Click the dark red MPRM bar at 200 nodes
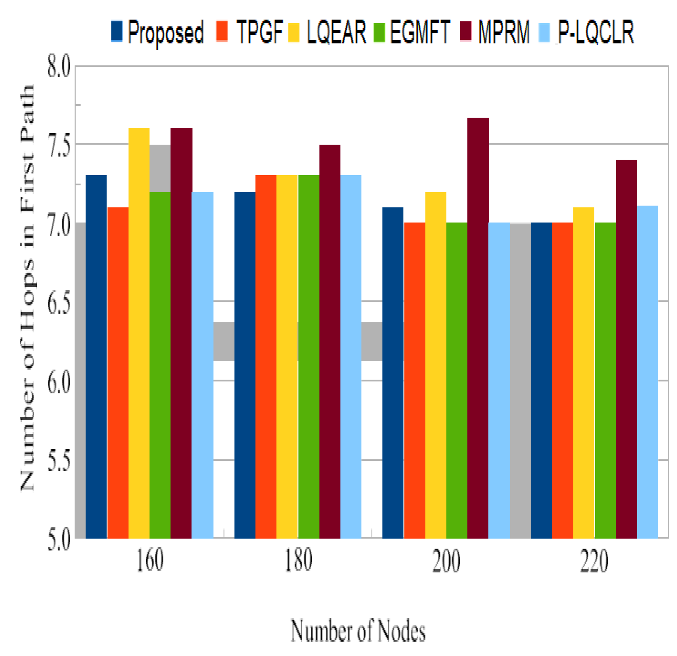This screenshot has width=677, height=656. tap(478, 328)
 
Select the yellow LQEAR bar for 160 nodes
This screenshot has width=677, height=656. tap(139, 333)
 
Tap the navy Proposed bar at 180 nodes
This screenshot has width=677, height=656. tap(245, 365)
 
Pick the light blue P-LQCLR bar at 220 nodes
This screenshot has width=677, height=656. tap(647, 372)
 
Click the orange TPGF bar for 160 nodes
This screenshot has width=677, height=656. tap(118, 373)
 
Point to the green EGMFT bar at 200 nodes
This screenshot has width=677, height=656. tap(457, 380)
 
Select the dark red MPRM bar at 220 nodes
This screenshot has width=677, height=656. tap(626, 349)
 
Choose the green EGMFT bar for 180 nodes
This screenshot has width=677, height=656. tap(309, 357)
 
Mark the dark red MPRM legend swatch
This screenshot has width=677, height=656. tap(466, 31)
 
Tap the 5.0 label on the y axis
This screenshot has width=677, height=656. tap(59, 540)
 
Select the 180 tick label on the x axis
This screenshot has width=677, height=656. tap(299, 561)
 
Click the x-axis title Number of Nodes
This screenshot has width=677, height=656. tap(358, 630)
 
